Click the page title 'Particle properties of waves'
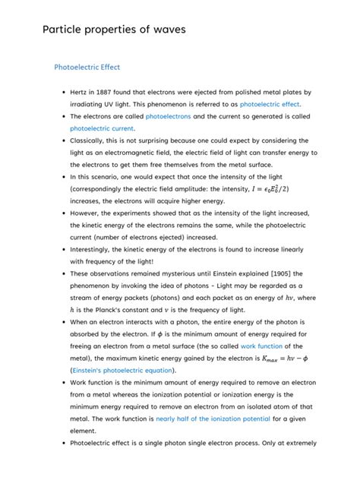pyautogui.click(x=114, y=30)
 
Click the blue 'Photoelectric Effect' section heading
pyautogui.click(x=87, y=67)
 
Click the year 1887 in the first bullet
pyautogui.click(x=115, y=92)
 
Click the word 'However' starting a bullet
pyautogui.click(x=87, y=213)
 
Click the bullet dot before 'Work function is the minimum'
pyautogui.click(x=63, y=384)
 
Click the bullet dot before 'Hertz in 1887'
pyautogui.click(x=63, y=92)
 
